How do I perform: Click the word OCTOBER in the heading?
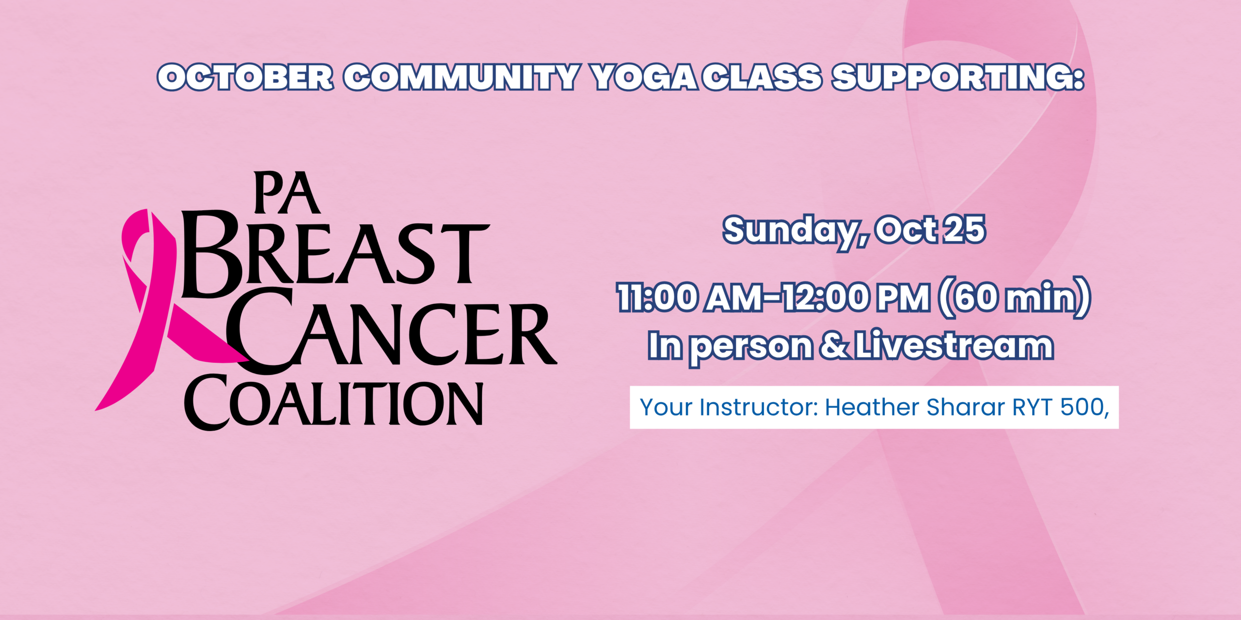(x=245, y=77)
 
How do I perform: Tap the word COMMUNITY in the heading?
(x=462, y=77)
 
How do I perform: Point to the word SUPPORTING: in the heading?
(x=958, y=77)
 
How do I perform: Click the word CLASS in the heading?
(x=763, y=77)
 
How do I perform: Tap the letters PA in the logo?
(x=287, y=193)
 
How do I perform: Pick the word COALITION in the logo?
(x=334, y=402)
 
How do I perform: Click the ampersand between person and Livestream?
(x=834, y=346)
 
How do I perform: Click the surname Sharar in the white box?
(x=966, y=407)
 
